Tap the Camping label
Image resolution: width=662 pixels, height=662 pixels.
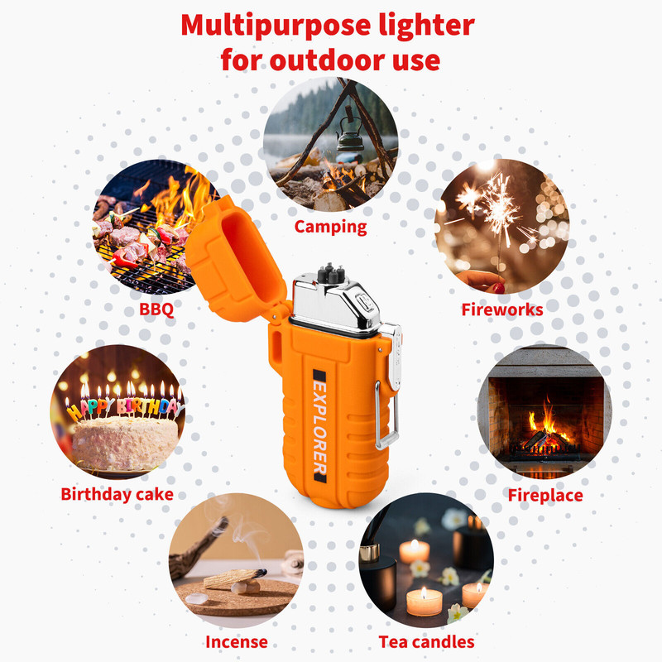(330, 227)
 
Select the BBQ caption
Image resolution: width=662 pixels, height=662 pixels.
(156, 309)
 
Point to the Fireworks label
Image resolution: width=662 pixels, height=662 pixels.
(502, 309)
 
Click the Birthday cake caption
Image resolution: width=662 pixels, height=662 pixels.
(117, 494)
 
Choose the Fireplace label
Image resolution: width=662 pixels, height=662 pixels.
(545, 495)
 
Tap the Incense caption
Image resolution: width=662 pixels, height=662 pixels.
(237, 642)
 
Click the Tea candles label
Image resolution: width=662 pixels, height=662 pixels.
(426, 642)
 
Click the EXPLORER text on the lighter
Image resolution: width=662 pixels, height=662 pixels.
(319, 426)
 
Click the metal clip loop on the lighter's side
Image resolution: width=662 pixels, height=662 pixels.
(386, 415)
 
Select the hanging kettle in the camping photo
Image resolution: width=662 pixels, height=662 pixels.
(349, 136)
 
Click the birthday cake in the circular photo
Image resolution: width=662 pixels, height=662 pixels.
(125, 441)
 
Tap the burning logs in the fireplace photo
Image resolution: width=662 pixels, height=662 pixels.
(544, 440)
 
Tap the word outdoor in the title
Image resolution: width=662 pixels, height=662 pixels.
(328, 60)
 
